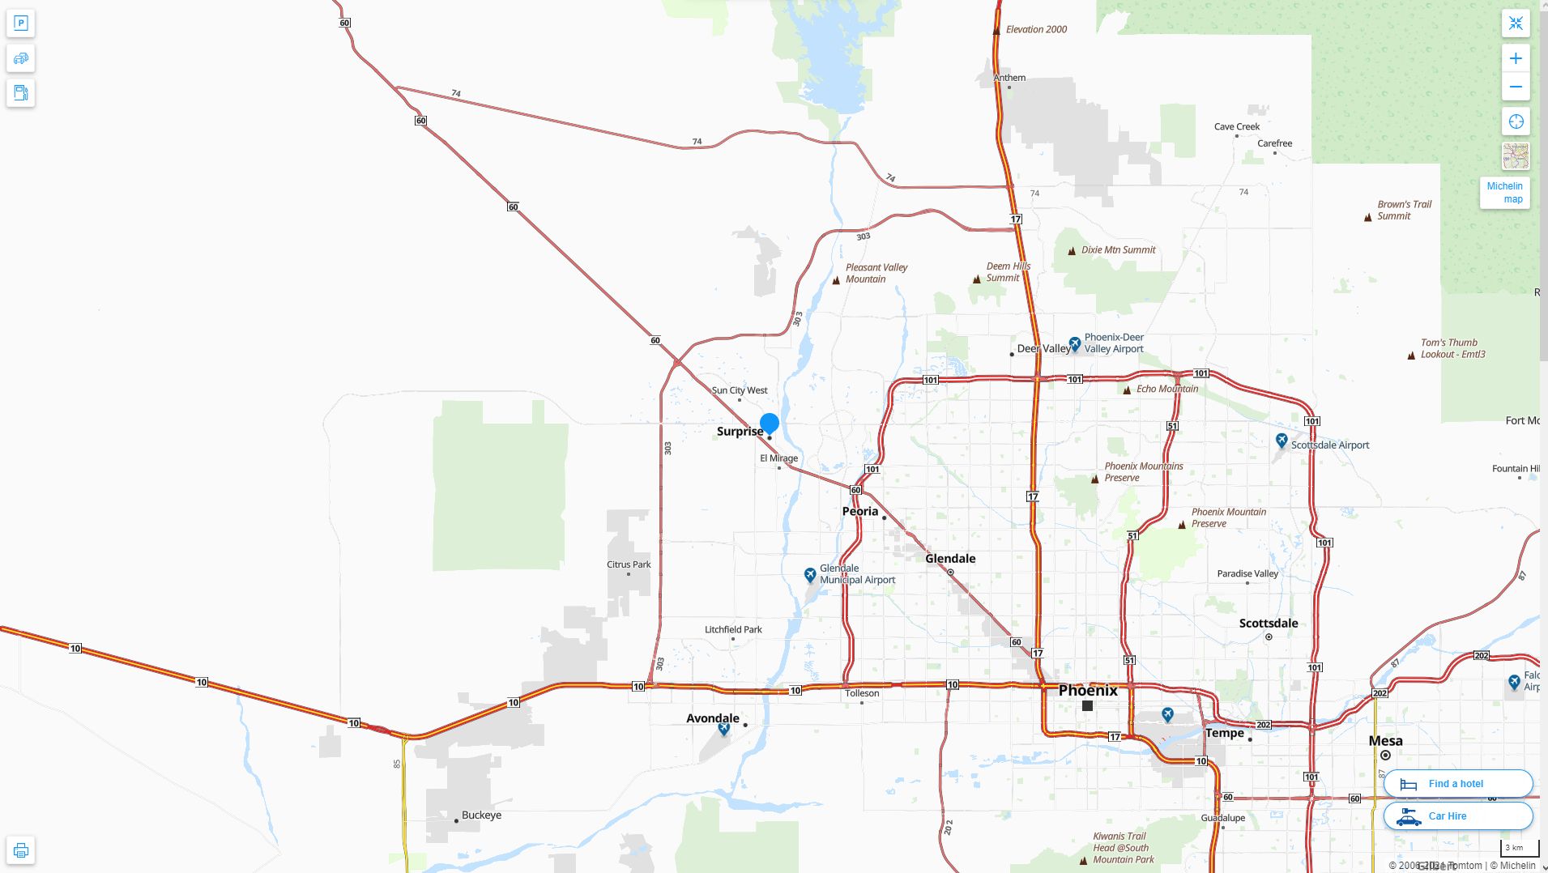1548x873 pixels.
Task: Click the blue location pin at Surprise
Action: click(770, 424)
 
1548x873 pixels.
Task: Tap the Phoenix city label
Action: click(1088, 691)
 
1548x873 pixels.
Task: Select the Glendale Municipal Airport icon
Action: click(810, 575)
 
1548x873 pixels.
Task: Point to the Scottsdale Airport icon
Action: click(1281, 441)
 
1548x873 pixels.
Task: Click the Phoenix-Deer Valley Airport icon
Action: click(1075, 344)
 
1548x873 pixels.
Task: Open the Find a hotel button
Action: click(1458, 784)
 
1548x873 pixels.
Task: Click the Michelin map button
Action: click(1505, 193)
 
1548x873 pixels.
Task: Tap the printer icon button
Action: click(21, 850)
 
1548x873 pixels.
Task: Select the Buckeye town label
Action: click(481, 816)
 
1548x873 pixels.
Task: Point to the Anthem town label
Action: click(1009, 78)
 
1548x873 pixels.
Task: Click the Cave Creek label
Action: click(1237, 126)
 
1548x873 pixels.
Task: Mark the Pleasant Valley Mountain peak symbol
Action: click(837, 281)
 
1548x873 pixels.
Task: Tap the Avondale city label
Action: click(713, 718)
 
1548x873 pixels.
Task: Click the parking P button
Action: click(21, 23)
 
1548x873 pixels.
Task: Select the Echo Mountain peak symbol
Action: click(1127, 390)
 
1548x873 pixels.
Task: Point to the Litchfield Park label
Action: click(733, 629)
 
